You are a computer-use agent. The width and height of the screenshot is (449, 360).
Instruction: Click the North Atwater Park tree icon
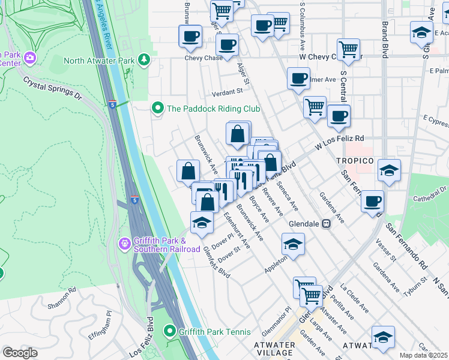(143, 59)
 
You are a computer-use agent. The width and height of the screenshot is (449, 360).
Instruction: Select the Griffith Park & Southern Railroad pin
(124, 244)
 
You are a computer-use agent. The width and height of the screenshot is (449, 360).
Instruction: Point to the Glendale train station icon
(327, 223)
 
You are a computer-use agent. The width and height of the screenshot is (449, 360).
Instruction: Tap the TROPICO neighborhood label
(355, 161)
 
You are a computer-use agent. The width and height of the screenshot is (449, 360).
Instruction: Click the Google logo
(20, 352)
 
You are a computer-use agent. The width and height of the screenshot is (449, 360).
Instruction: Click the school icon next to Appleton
(293, 244)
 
